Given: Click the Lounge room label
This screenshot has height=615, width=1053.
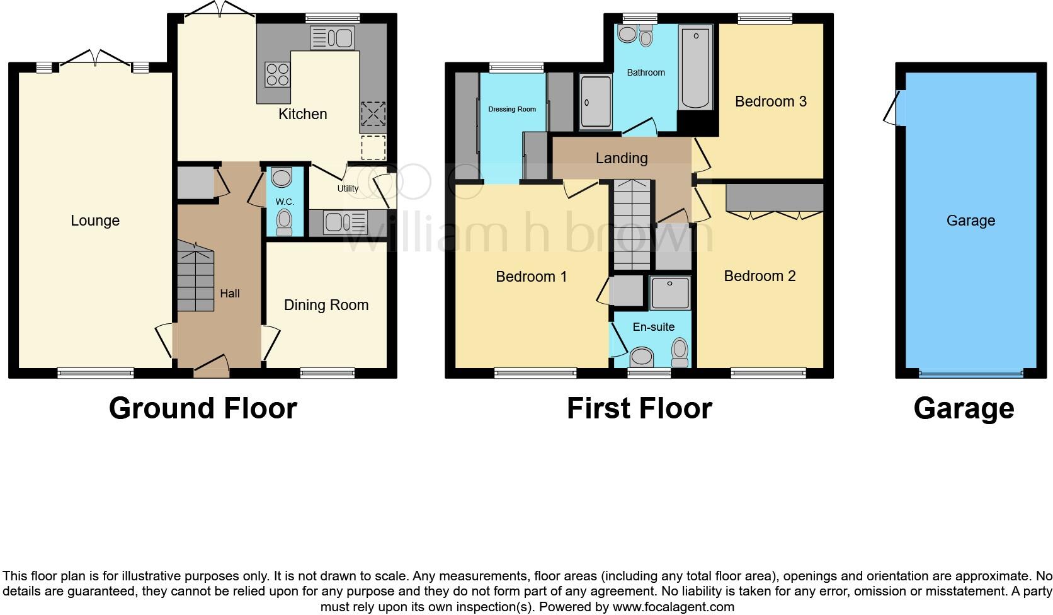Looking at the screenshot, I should tap(95, 221).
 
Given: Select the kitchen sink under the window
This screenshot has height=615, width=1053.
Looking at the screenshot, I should tap(333, 38).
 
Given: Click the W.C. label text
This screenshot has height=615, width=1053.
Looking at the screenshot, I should tap(285, 202).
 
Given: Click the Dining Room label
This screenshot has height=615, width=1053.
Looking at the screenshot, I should tap(326, 305).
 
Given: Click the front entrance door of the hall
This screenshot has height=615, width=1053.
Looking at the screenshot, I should tap(211, 369).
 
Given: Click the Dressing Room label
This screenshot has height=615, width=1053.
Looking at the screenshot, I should tap(512, 109).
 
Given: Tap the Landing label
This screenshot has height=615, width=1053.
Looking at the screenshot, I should tap(622, 158).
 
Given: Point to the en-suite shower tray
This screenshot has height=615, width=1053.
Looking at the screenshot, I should tap(669, 293).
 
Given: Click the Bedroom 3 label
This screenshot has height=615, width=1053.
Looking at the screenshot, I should tap(770, 101).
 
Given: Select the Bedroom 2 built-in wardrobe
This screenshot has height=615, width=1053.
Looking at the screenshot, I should tap(775, 198).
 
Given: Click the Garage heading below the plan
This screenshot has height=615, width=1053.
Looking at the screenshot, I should tap(964, 408).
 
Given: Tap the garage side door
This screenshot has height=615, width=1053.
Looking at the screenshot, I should tap(893, 108).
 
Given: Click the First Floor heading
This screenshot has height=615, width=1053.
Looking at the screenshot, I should tap(639, 408).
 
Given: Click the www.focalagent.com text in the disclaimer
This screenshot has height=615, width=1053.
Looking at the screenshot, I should tap(673, 607).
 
